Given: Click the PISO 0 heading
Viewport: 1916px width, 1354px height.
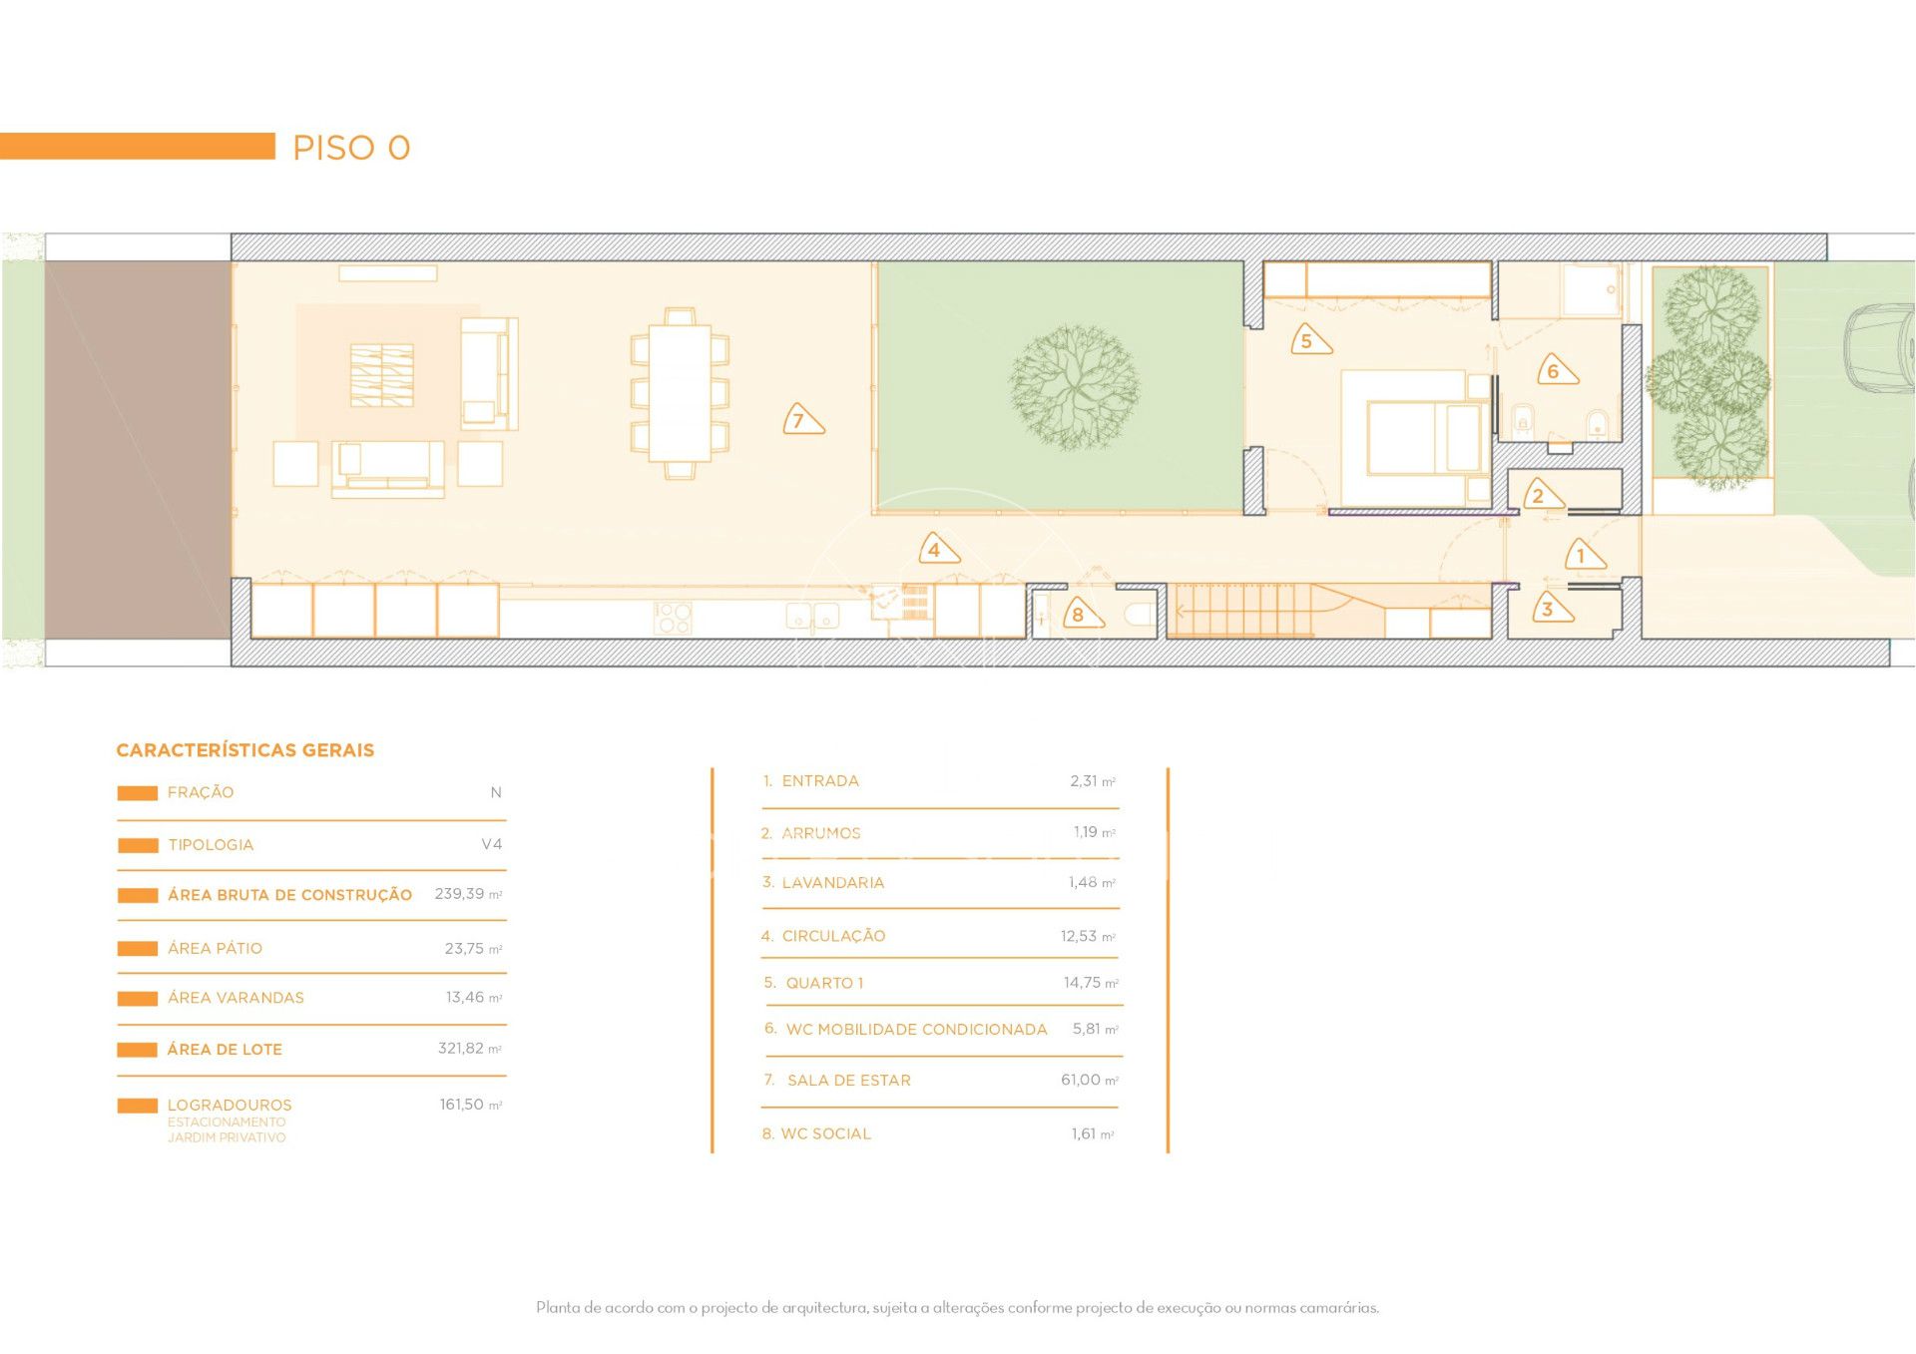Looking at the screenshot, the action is click(351, 148).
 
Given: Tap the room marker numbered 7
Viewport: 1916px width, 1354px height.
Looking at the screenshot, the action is click(802, 419).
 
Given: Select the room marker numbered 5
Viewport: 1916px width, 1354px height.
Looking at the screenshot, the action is click(1309, 340).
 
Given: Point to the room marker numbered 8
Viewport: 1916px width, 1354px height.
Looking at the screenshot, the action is click(1081, 613).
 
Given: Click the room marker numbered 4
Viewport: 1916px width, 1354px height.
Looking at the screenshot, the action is click(937, 548).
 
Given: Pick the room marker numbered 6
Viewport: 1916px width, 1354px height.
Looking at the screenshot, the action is click(1556, 370).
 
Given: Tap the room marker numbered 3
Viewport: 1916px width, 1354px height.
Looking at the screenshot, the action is click(1551, 608).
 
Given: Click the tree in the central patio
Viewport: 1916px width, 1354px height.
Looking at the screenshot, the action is click(1074, 387).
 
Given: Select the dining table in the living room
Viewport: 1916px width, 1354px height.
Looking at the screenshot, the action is click(680, 393).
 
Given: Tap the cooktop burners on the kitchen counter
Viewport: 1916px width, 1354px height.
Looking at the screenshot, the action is click(673, 618).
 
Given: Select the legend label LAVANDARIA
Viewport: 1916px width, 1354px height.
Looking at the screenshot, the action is click(833, 883).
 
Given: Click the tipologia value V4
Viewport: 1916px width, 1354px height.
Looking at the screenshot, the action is click(492, 844).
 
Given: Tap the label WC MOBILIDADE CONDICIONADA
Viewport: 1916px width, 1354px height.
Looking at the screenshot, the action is click(916, 1030).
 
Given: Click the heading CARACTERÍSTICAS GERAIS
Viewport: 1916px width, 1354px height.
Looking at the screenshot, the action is click(245, 750).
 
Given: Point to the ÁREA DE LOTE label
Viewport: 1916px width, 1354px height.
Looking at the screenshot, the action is click(225, 1050).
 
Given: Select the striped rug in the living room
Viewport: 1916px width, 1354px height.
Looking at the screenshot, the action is click(382, 375).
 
